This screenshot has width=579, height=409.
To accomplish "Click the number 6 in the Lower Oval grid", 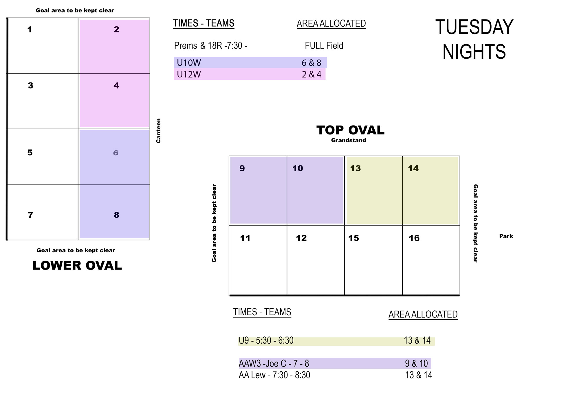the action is [116, 153].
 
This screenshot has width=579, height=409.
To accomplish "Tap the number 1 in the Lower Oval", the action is [30, 30].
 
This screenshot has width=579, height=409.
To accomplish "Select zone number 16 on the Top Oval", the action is [414, 238].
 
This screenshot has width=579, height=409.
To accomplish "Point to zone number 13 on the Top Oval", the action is [356, 168].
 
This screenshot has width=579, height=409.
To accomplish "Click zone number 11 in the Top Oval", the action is [245, 238].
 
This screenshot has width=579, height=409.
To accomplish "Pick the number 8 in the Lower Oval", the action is [116, 215].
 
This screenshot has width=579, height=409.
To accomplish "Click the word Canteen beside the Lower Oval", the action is [158, 131].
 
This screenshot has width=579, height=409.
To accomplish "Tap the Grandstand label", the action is [349, 140].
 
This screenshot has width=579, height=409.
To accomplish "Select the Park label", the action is [506, 236].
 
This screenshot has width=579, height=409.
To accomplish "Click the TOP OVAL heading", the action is [350, 130].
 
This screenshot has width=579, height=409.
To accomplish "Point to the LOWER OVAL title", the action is [77, 266].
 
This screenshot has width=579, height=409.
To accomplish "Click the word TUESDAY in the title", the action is [474, 27].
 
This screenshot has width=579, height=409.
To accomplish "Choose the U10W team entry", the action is [189, 63].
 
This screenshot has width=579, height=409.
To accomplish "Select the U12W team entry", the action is [189, 74].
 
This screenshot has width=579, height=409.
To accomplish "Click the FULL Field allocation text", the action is [324, 46].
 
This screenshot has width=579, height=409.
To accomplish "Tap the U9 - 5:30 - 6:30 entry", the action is [266, 340].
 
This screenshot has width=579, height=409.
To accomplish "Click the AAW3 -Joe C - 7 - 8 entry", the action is [274, 363].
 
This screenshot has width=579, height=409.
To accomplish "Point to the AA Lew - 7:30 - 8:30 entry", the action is [274, 375].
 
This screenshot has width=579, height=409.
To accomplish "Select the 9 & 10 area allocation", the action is [416, 363].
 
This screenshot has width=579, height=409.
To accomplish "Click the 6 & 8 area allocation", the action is [312, 63].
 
